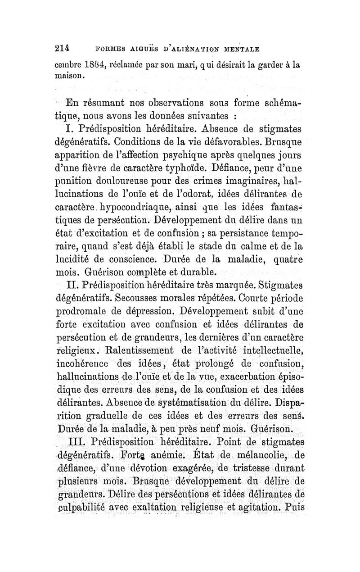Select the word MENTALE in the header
pos(244,50)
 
